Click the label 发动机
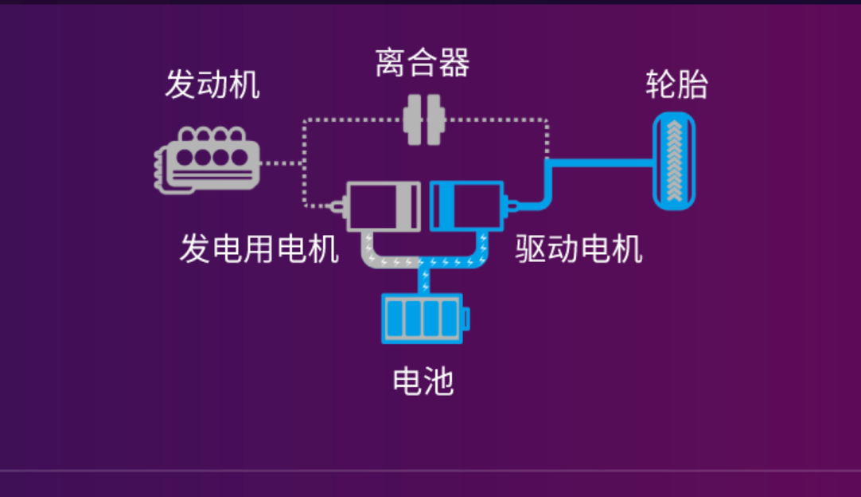coord(212,84)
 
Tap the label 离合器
coord(423,63)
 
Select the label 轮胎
coord(676,85)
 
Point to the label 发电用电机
coord(259,249)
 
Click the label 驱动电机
coord(579,249)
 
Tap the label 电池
coord(423,382)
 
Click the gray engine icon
coord(207,159)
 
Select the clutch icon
coord(423,120)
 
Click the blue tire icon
coord(674,161)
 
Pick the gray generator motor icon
coord(382,206)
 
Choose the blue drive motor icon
coord(466,206)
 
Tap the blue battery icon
coord(422,319)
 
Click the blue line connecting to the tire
coord(597,162)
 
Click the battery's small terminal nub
coord(466,319)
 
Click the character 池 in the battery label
coord(438,382)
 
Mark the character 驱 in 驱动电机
coord(531,249)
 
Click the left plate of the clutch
coord(412,120)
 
